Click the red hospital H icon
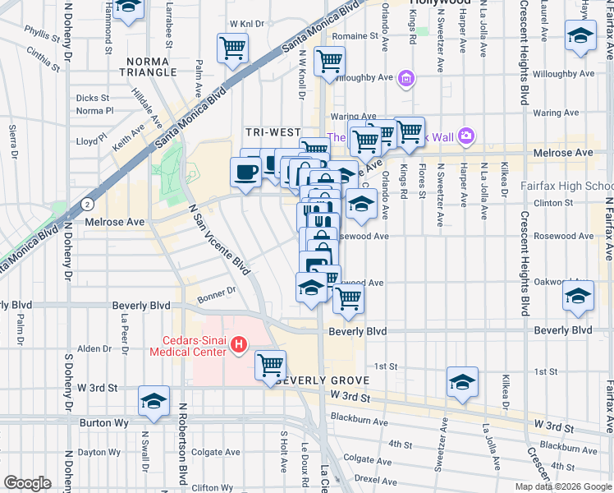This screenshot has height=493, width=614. (239, 344)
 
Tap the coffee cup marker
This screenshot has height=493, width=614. (246, 173)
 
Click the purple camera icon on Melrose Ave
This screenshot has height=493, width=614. (466, 135)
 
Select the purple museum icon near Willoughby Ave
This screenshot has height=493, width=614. (405, 80)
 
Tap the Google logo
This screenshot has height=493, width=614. (27, 483)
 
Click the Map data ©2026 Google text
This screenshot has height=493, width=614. (562, 486)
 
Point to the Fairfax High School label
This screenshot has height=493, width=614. (574, 187)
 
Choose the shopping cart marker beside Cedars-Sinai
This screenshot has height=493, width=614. (270, 365)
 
